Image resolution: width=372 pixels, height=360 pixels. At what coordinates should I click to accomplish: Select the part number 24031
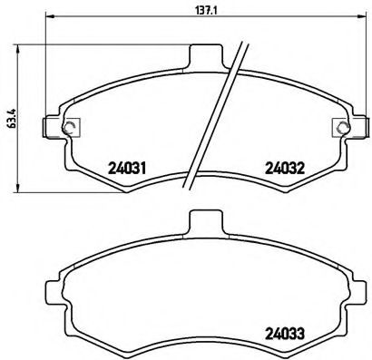click(x=127, y=166)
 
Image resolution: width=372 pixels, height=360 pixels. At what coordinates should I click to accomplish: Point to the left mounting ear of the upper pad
click(x=57, y=126)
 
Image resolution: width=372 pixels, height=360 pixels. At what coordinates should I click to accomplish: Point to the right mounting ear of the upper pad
click(x=352, y=126)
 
